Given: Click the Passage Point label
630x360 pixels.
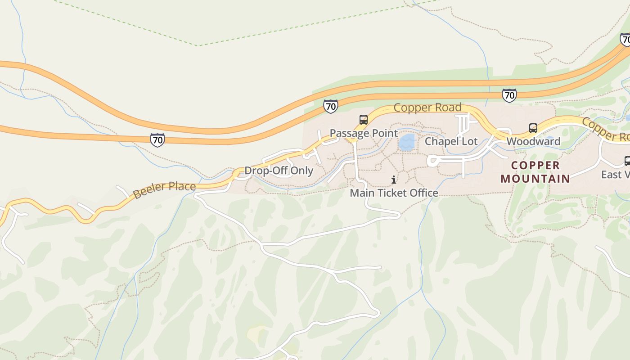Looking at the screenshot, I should (364, 133).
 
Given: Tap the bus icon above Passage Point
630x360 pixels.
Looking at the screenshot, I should (364, 120).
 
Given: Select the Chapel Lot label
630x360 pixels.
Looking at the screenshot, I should (451, 141).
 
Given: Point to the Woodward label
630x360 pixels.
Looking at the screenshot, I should (533, 141).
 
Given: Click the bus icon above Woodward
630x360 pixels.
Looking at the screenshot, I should (533, 128).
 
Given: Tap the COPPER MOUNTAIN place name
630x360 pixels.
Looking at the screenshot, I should (535, 172).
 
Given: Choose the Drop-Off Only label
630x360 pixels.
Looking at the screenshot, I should (279, 171).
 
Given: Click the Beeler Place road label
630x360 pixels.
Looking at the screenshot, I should (165, 189).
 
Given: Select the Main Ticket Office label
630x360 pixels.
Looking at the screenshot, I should (394, 193).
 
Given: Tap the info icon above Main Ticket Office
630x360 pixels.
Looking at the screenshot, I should (394, 180).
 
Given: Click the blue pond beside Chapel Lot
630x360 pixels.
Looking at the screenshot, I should (407, 142).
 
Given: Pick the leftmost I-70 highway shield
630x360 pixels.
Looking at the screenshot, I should (157, 140).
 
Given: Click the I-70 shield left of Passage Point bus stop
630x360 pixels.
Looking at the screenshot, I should (330, 107).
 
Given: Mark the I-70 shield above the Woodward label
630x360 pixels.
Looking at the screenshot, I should (509, 95).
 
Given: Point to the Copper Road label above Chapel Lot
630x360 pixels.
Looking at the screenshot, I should (427, 108).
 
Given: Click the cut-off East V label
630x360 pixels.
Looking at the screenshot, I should (615, 175).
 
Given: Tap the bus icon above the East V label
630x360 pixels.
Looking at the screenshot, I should (627, 161).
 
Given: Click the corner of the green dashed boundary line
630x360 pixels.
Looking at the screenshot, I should (198, 45).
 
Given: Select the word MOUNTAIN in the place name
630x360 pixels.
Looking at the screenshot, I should (535, 179).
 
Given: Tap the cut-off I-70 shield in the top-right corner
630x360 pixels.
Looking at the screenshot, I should (625, 40).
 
